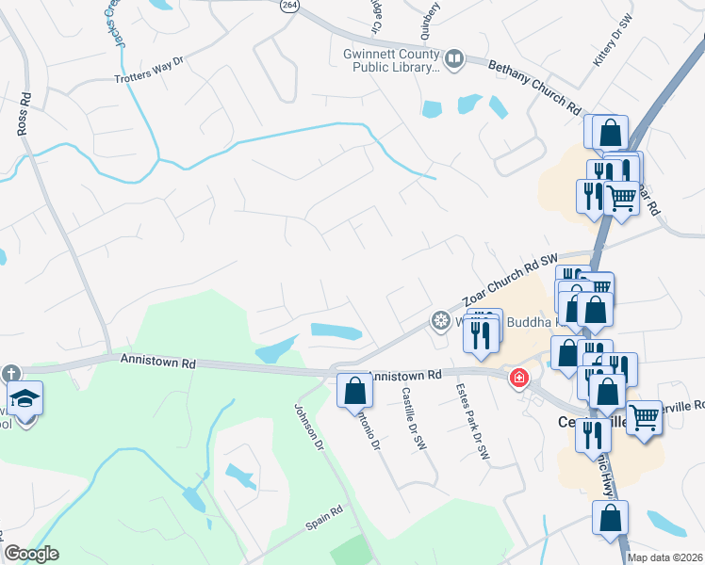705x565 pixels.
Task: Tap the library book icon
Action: pos(455,60)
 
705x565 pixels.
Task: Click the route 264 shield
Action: pos(288,6)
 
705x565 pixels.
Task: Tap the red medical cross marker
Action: pos(517,379)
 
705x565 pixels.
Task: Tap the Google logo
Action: pos(31,554)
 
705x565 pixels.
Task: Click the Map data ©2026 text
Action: pos(665,557)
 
